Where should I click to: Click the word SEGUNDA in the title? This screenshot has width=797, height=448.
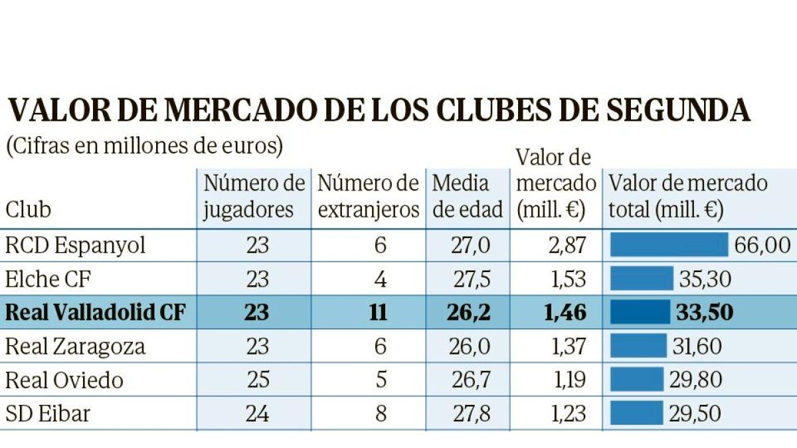point(679,110)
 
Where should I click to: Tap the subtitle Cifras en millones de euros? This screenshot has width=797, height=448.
point(145,147)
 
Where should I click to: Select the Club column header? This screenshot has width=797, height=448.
point(28,210)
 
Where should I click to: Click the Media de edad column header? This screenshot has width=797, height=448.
point(467,196)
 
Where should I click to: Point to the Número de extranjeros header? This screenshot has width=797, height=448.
point(368,196)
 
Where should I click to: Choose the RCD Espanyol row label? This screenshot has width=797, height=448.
point(76,246)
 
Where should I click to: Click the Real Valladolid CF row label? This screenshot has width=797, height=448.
point(96,312)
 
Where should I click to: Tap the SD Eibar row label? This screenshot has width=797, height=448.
point(48,413)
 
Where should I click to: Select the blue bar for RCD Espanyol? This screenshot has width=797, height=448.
point(669,245)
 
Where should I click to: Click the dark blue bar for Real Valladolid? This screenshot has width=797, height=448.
point(640,312)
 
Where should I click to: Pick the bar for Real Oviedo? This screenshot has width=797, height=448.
point(637,380)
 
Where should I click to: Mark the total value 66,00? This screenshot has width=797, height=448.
point(762,246)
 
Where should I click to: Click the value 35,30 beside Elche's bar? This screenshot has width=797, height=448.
point(705,279)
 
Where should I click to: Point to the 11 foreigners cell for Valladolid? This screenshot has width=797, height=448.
point(378,312)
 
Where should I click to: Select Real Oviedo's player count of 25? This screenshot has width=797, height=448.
point(258,380)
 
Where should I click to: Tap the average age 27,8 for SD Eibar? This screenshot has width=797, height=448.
point(472,413)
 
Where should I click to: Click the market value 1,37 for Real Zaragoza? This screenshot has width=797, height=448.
point(569,346)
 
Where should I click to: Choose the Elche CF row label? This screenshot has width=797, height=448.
point(48,279)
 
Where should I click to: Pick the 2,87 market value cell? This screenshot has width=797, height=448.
point(567,246)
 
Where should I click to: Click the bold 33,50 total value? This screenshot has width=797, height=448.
point(705,312)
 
